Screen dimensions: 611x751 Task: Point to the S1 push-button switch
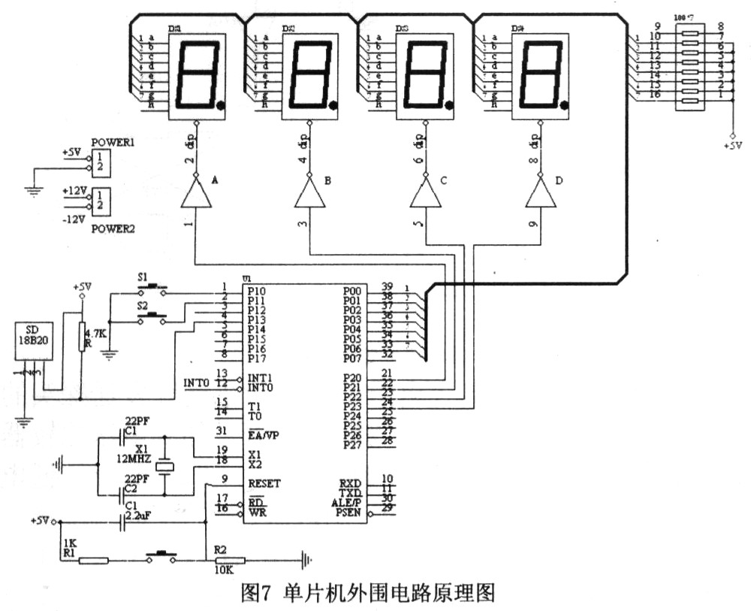pos(154,287)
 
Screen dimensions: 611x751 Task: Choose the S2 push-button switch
pos(154,315)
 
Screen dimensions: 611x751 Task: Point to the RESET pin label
pos(264,484)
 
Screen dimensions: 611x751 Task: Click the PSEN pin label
pos(347,513)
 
